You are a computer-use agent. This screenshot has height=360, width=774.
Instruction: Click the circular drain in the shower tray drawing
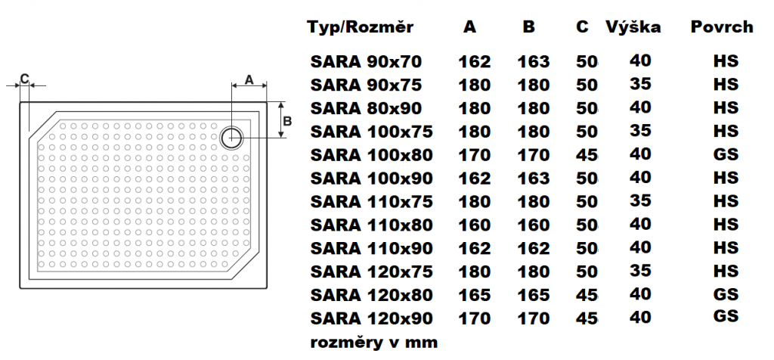233,137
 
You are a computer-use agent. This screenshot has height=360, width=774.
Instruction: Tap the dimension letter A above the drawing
248,79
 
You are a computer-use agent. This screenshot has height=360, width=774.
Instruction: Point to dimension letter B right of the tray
287,120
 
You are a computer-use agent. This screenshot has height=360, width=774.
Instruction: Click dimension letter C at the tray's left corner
24,78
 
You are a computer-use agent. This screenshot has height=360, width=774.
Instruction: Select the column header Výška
633,28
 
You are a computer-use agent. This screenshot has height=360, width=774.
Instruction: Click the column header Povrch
722,28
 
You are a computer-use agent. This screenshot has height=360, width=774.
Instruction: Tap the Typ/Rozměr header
361,28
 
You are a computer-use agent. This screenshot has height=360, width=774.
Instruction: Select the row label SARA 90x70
366,61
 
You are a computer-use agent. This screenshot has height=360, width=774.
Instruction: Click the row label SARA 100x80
371,155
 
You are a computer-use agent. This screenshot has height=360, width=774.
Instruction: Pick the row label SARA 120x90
371,318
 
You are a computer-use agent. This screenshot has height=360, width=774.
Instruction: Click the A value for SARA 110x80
474,225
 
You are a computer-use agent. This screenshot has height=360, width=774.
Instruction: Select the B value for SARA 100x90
534,178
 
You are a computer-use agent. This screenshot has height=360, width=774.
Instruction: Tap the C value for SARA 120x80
587,295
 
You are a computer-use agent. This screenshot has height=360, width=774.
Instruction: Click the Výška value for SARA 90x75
640,83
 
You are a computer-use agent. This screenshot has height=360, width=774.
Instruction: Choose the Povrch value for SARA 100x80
726,154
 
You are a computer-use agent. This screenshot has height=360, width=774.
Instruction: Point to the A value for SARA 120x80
474,295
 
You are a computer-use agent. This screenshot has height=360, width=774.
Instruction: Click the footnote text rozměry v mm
373,343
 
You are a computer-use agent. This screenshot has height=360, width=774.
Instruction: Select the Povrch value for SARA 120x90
726,317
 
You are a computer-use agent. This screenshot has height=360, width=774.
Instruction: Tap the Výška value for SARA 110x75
640,200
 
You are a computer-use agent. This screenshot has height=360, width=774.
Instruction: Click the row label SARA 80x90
366,108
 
